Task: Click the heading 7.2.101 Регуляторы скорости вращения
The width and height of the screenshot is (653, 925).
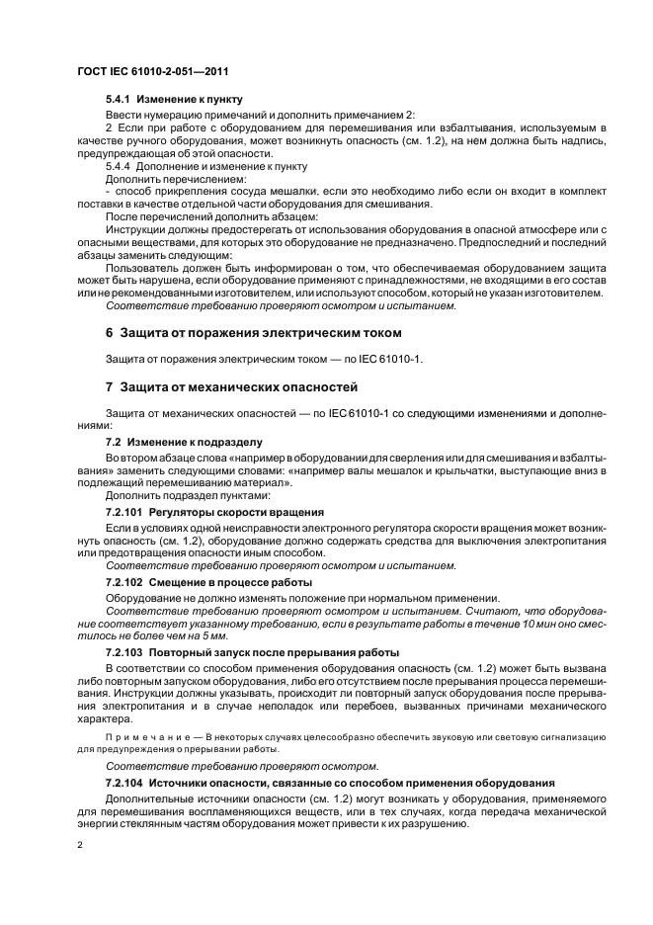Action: point(215,512)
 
